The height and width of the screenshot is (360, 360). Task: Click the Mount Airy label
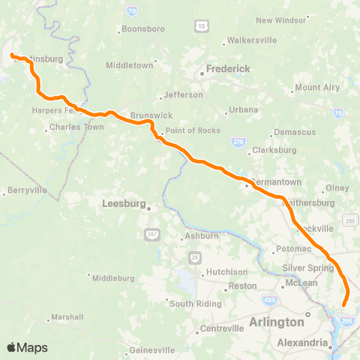(x=317, y=88)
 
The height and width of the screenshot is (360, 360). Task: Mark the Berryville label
(x=28, y=190)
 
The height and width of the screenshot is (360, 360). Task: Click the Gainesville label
(x=152, y=349)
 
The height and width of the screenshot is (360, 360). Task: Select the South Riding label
(x=195, y=304)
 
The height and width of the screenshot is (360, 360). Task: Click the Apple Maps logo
(x=26, y=347)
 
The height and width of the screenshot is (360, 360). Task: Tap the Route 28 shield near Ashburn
(x=193, y=256)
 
